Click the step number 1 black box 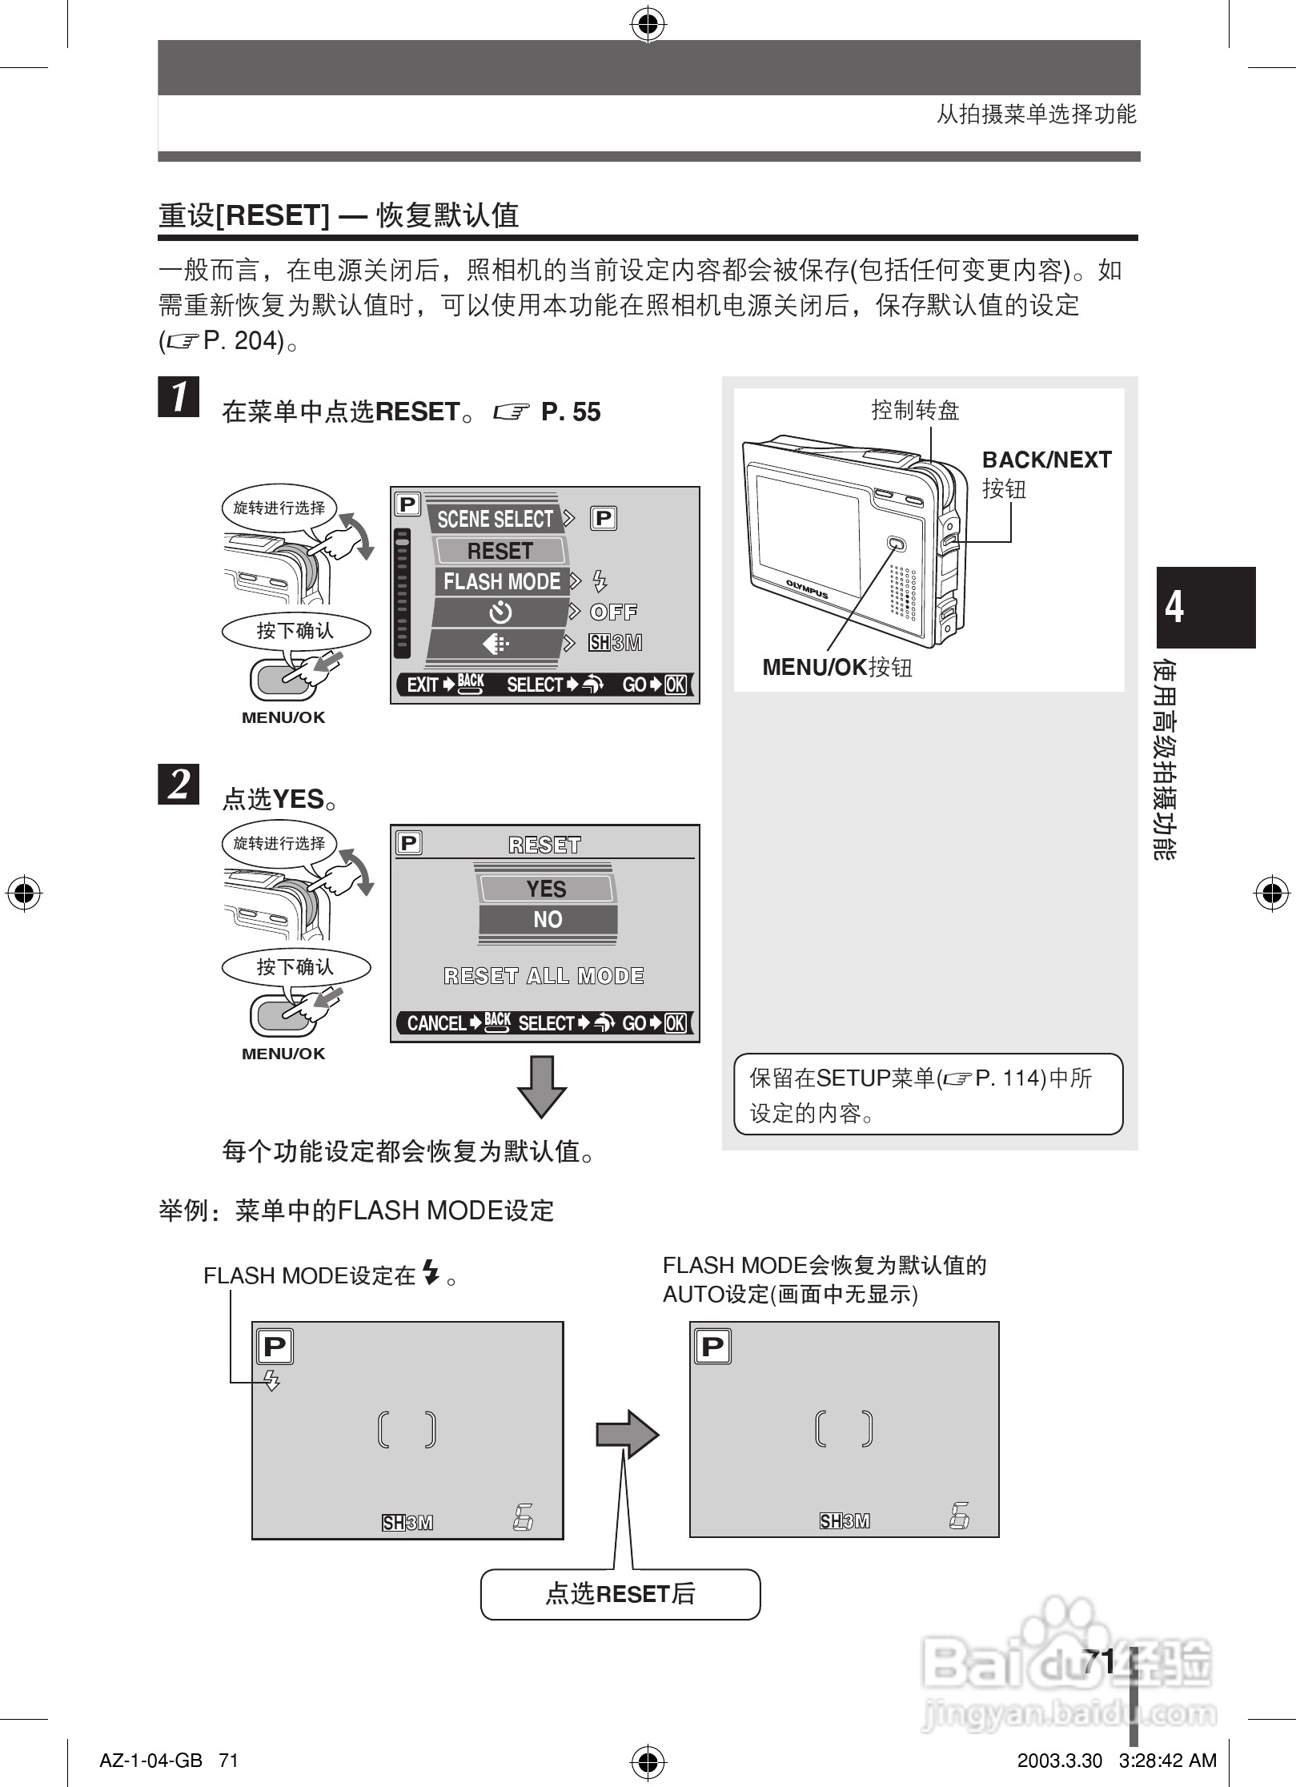(179, 397)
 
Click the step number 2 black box (179, 784)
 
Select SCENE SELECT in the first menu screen (494, 519)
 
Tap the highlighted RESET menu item (500, 551)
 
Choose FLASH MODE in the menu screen (502, 581)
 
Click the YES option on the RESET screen (546, 889)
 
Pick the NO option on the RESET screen (548, 920)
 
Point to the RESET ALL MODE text (544, 976)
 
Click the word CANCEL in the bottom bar (436, 1023)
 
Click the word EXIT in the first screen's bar (422, 685)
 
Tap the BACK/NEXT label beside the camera (1046, 460)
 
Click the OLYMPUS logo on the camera (806, 588)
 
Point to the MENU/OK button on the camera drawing (896, 545)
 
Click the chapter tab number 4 (1174, 607)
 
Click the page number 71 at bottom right (1098, 1662)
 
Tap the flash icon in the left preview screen (271, 1380)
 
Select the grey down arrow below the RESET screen (542, 1086)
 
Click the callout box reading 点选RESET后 (620, 1594)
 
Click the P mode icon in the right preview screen (712, 1347)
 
